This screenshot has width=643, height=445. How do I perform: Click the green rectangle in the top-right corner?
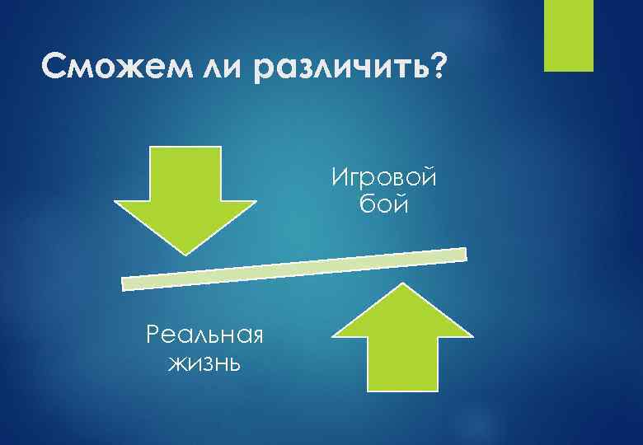coord(570,35)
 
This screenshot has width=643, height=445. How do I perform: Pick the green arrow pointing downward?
coord(185,197)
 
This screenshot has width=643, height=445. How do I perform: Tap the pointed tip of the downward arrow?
coord(186,251)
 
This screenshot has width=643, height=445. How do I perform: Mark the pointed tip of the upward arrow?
coord(402,285)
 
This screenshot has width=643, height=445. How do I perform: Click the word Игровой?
coord(383,176)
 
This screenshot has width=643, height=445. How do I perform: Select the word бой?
coord(384,203)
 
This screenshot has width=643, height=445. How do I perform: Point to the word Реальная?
coord(203,335)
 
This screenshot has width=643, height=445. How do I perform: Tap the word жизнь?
coord(204,362)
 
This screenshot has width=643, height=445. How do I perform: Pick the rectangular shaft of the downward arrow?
coord(185,173)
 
